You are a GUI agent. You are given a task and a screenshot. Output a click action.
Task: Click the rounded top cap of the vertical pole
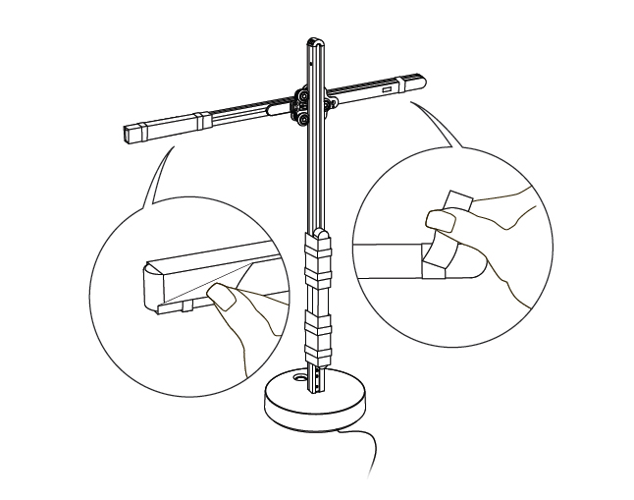pos(313,42)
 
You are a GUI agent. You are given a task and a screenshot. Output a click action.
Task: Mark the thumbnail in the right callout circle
pos(440,221)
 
